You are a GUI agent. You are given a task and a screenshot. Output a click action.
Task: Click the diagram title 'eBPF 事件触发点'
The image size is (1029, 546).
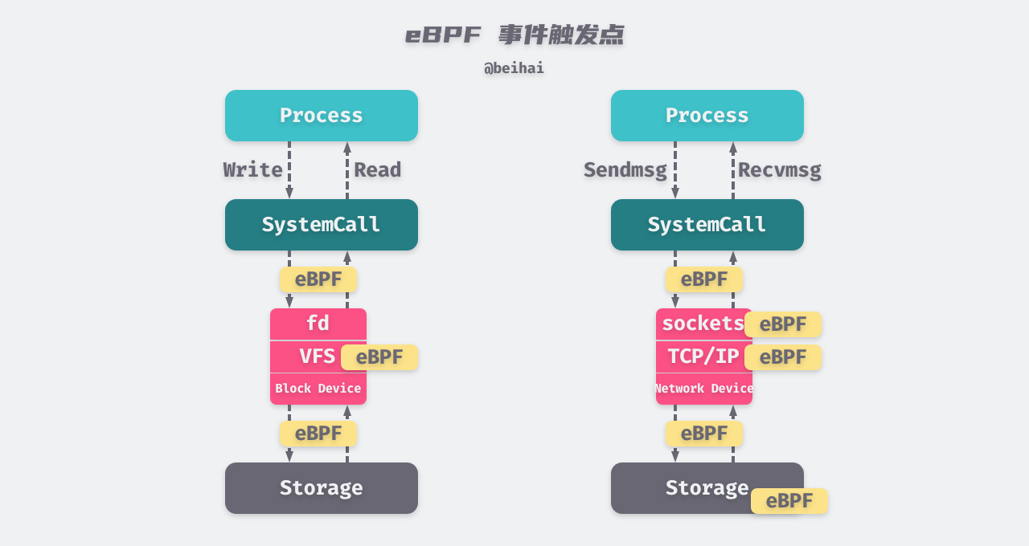(514, 35)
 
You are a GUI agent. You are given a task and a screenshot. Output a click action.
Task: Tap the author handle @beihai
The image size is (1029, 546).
(514, 68)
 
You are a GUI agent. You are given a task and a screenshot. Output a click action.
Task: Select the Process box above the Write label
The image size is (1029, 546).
(322, 116)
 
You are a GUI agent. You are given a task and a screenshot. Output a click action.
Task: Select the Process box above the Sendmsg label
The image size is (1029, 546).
(707, 116)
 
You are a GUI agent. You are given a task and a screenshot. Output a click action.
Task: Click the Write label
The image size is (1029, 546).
(252, 170)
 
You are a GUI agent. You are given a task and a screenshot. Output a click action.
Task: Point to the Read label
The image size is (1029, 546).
(377, 170)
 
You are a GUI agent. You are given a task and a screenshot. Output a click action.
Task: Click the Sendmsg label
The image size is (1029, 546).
(625, 170)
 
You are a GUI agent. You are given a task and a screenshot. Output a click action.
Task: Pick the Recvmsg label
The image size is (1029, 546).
(779, 170)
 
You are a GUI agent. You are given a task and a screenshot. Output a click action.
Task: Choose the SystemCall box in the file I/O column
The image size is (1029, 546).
(322, 225)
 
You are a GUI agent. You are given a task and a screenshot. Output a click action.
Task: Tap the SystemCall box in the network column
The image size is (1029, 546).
(707, 225)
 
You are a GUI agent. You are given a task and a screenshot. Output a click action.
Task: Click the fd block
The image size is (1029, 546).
(318, 324)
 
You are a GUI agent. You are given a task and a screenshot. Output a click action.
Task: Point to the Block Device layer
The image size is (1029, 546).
(318, 389)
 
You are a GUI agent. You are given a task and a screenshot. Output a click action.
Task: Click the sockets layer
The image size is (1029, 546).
(699, 324)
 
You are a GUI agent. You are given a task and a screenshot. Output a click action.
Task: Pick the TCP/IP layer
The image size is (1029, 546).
(699, 357)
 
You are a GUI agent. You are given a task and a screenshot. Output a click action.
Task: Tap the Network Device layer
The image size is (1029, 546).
(703, 389)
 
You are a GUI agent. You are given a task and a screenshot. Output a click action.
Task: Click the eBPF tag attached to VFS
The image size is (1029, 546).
(379, 357)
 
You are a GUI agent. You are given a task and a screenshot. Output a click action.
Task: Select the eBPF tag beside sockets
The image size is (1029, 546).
(783, 324)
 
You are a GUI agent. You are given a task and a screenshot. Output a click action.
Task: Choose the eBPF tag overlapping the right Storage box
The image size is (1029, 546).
(789, 501)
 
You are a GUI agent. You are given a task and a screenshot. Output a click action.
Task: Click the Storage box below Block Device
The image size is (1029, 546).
(322, 488)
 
